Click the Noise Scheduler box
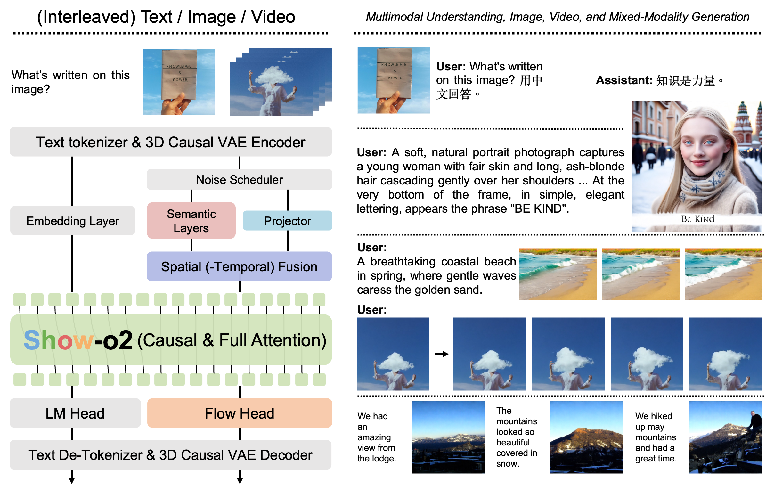click(239, 179)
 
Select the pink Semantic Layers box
click(191, 221)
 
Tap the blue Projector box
click(287, 221)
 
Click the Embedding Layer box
click(73, 221)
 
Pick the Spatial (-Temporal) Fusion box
click(239, 266)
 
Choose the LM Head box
click(75, 413)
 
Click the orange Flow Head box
click(240, 413)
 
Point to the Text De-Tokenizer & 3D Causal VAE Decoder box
click(171, 455)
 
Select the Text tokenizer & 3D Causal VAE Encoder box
click(171, 142)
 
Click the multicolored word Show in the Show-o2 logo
click(59, 340)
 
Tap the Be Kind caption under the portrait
click(697, 219)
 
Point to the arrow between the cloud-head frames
click(441, 354)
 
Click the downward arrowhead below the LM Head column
click(72, 481)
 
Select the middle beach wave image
click(640, 274)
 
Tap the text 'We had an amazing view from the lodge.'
click(377, 437)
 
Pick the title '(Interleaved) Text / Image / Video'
click(166, 17)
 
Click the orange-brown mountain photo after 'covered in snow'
click(587, 437)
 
